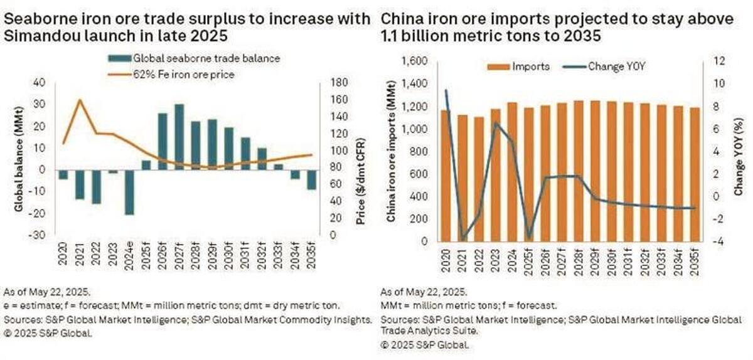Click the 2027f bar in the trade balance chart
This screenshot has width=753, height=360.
pos(179,136)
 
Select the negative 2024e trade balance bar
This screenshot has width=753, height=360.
pos(129,191)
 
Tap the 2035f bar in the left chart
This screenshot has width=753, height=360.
pos(311,179)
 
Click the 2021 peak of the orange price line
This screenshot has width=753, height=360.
pos(80,100)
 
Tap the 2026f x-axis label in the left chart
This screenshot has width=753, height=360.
pos(163,257)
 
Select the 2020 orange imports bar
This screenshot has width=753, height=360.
pos(446,176)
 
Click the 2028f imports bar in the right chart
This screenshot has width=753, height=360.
pos(578,171)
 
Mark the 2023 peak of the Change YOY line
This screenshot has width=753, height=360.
pos(496,123)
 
